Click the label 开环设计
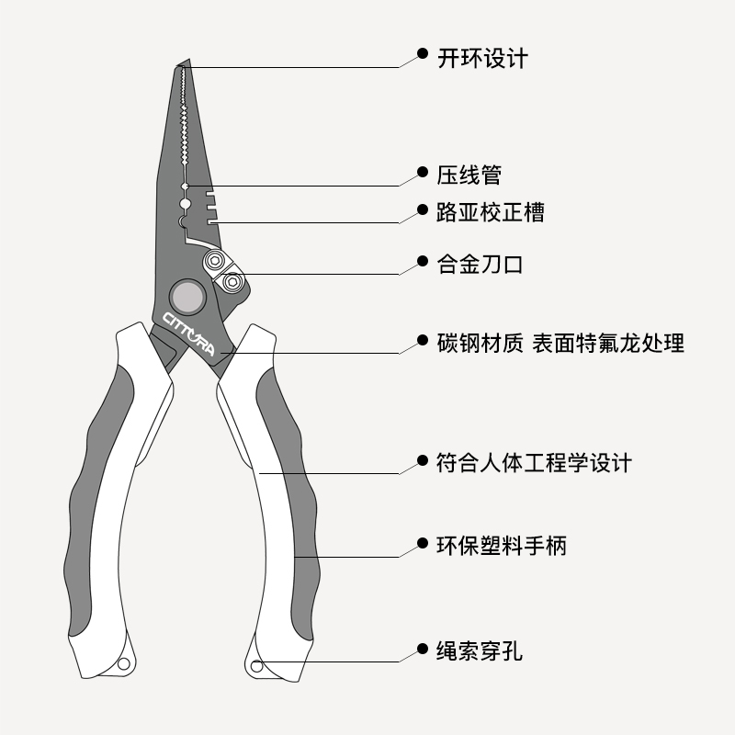(482, 57)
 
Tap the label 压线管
(469, 173)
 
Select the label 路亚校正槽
(490, 213)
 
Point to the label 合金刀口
(480, 265)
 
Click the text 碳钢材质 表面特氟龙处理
(560, 344)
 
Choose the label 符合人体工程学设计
(534, 462)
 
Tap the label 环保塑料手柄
(502, 546)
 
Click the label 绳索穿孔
(480, 652)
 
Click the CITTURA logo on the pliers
(187, 333)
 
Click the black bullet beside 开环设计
(422, 54)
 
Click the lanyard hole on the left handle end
(124, 661)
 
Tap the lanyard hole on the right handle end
(256, 665)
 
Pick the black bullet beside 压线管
(422, 171)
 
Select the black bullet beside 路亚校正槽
(422, 210)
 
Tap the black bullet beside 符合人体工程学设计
(422, 459)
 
